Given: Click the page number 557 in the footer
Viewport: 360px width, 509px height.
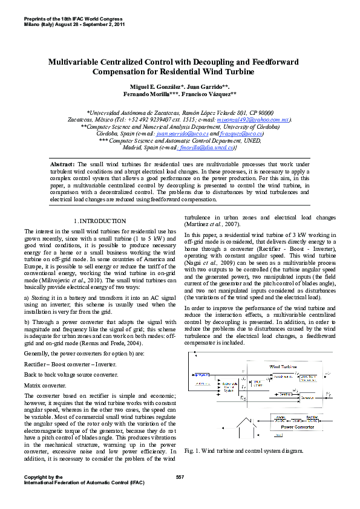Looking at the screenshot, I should click(180, 478).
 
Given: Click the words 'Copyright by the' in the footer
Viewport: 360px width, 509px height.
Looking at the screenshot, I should click(43, 478).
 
